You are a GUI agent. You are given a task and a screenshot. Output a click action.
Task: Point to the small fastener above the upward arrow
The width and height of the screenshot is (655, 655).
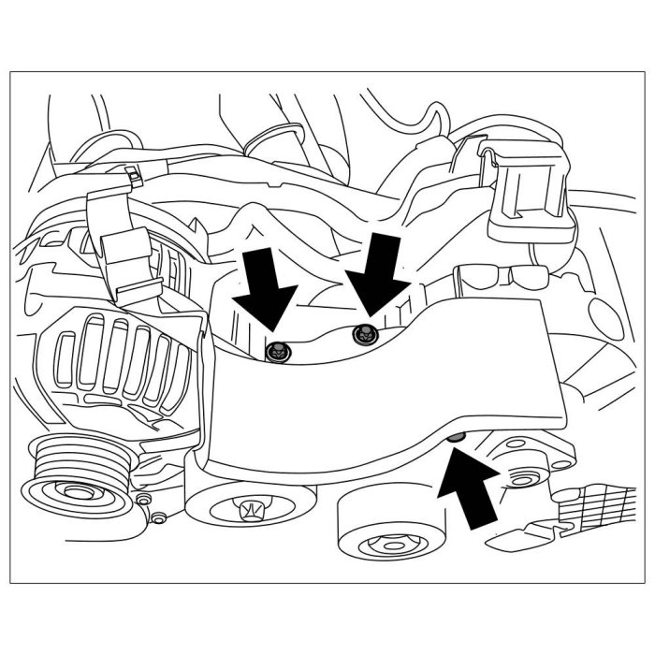click(455, 439)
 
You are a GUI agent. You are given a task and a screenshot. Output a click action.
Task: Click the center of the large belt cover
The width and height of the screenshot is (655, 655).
click(384, 393)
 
